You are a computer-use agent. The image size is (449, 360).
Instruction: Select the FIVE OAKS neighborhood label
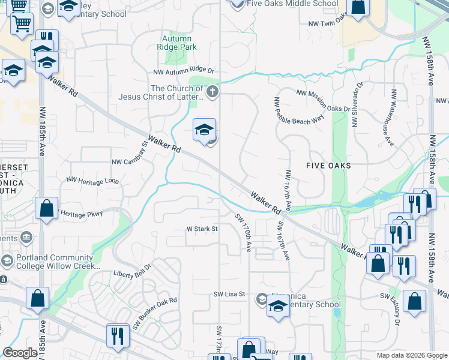point(328,165)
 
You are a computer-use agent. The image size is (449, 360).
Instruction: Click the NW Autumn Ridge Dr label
point(185,71)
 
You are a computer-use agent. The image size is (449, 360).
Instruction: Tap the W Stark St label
point(201,229)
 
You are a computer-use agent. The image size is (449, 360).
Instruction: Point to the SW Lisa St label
point(231,294)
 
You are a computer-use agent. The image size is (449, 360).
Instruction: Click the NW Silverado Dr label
point(357,106)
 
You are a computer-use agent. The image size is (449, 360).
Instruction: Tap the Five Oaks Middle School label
point(292,4)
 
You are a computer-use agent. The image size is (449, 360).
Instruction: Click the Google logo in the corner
point(20,353)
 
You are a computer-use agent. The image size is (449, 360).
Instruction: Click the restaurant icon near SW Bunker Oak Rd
point(117,334)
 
